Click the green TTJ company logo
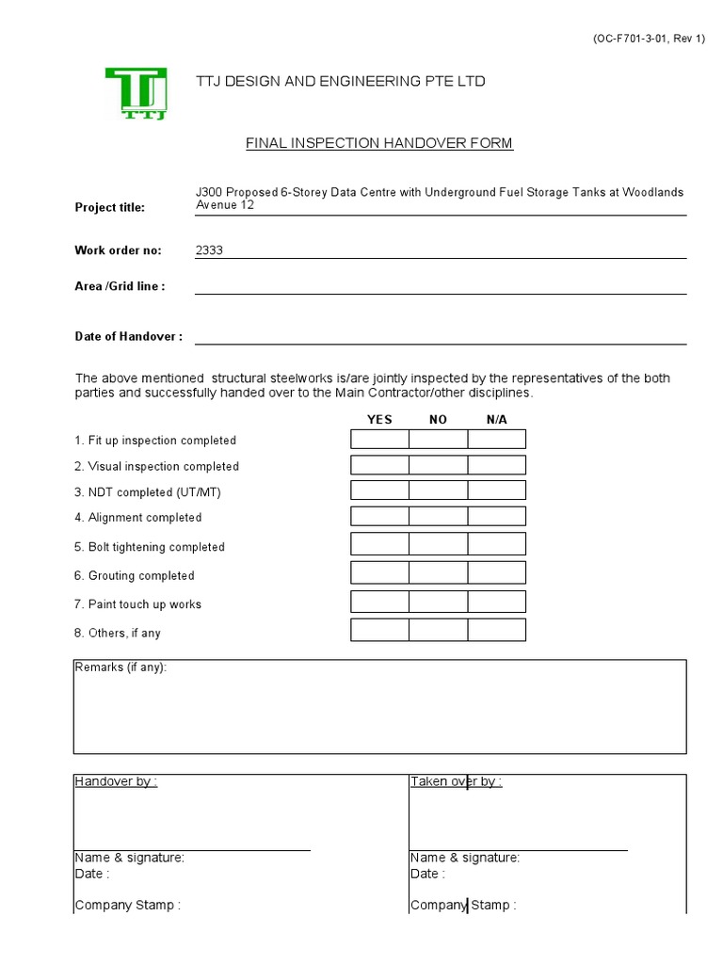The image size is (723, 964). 137,93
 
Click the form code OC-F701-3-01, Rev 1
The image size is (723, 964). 648,39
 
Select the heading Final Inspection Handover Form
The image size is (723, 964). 379,143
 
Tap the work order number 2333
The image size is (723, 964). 209,250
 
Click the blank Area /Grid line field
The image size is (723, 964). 440,286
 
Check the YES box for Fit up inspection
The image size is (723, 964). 380,440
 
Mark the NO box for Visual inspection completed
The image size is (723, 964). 439,465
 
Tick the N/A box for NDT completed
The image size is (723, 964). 497,490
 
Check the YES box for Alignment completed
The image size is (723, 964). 380,517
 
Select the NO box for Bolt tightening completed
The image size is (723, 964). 439,544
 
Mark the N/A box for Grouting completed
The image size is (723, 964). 497,573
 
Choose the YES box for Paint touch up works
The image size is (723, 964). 380,602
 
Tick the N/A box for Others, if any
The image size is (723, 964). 497,631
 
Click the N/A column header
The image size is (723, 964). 497,420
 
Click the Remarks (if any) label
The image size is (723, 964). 120,667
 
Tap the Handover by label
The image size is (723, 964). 116,781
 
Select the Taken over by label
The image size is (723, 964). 456,781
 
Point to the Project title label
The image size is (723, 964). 109,207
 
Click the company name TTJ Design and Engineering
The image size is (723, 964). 341,82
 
